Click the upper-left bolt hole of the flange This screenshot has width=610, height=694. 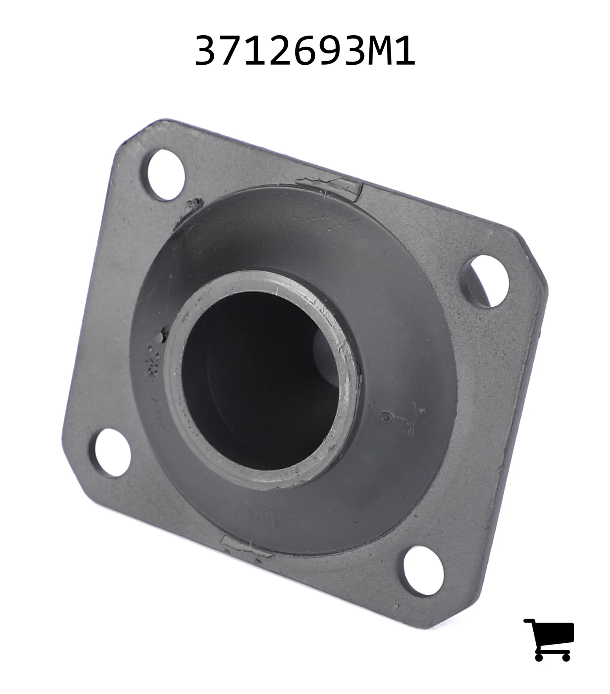pos(166,175)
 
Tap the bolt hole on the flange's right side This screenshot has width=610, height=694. pos(488,280)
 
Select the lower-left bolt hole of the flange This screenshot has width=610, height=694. pos(113,453)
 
